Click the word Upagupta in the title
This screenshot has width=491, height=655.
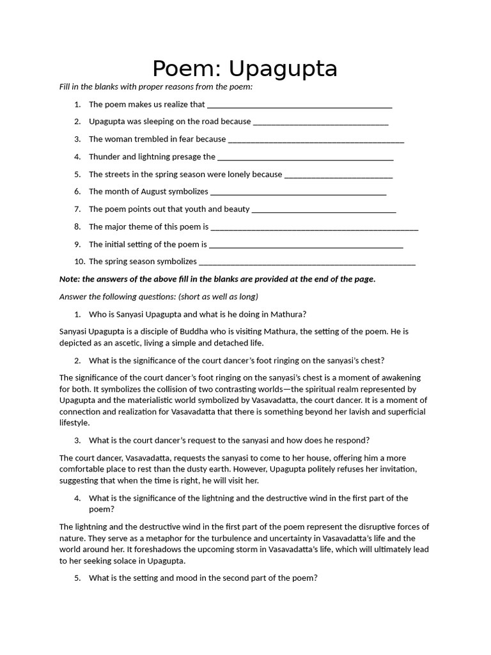click(283, 69)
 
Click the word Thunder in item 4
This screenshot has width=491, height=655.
click(104, 157)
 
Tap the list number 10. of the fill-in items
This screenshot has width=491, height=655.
click(79, 261)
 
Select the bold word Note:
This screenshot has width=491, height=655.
click(70, 279)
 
